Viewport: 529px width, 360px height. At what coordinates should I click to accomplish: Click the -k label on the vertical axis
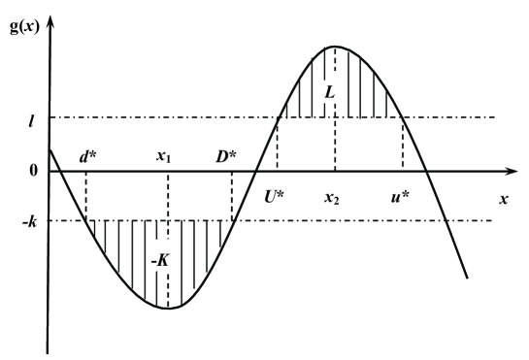[x=30, y=220]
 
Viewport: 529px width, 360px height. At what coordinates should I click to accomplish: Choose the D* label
[x=230, y=155]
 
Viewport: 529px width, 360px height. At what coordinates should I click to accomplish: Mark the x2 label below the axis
[x=334, y=195]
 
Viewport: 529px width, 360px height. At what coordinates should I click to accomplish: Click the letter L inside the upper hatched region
[x=331, y=92]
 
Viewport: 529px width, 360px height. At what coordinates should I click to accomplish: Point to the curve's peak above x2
[x=335, y=47]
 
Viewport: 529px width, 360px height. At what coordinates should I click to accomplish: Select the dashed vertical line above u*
[x=403, y=146]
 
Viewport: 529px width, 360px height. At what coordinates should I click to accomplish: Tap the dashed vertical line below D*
[x=232, y=196]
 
